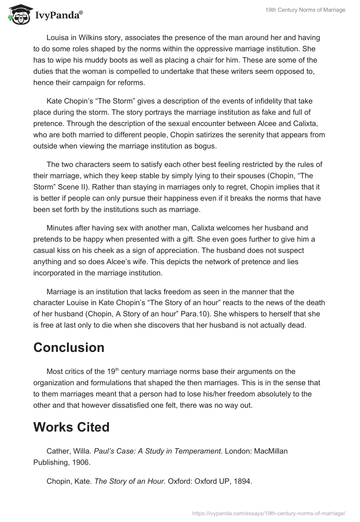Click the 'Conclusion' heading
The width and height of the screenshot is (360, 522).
tap(69, 347)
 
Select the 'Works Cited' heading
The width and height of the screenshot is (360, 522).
tap(72, 427)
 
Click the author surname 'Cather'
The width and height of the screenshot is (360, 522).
tap(57, 451)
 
